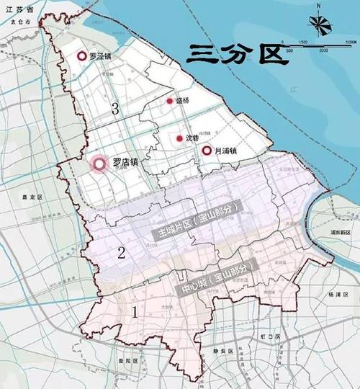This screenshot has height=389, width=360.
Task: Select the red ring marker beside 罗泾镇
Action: [82, 55]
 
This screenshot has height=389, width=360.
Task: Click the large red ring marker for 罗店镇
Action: [99, 165]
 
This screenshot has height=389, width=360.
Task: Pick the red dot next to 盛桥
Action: [170, 102]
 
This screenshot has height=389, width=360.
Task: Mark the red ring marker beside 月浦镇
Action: [206, 151]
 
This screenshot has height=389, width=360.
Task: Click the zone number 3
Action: [114, 108]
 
